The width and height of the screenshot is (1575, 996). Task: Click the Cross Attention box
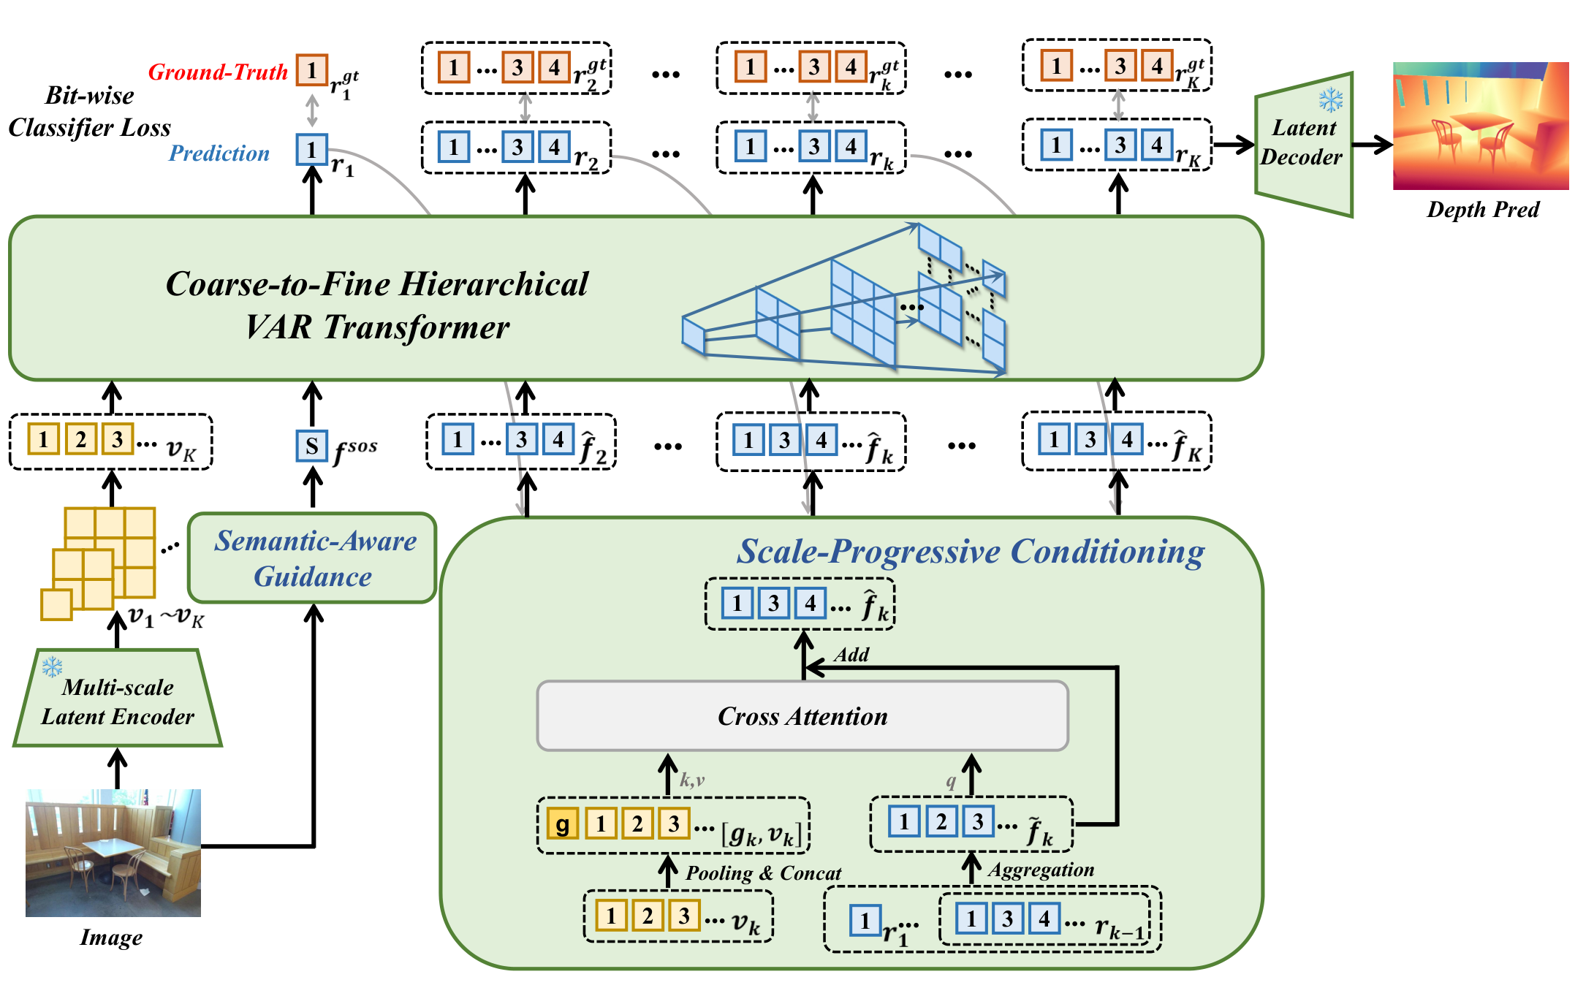pos(802,716)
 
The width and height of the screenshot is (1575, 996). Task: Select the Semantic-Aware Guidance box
pos(312,558)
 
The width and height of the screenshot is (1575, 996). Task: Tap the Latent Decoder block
pos(1304,144)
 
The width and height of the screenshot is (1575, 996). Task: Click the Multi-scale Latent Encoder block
pos(118,698)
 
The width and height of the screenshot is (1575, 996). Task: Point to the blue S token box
pos(312,446)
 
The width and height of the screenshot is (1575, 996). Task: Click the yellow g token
pos(562,824)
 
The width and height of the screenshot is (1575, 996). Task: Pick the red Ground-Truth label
pos(218,72)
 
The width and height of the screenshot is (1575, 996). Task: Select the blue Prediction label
pos(219,153)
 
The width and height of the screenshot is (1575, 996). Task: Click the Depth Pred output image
pos(1481,126)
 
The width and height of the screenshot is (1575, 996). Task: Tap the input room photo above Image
pos(113,853)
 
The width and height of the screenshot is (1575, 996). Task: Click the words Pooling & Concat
pos(763,873)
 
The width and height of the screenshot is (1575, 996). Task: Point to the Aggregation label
pos(1041,870)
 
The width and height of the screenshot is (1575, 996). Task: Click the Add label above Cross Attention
pos(851,654)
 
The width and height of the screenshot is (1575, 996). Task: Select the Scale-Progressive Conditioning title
pos(971,551)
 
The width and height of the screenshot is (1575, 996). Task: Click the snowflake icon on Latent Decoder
pos(1331,100)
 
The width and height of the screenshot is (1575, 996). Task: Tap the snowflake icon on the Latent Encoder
pos(52,666)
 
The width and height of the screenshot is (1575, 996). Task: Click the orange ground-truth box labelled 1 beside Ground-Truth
pos(312,70)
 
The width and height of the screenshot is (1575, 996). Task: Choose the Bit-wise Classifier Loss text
pos(90,112)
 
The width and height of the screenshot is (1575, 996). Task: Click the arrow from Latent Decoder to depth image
pos(1373,145)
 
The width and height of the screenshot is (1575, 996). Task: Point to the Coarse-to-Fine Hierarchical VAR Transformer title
pos(377,305)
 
